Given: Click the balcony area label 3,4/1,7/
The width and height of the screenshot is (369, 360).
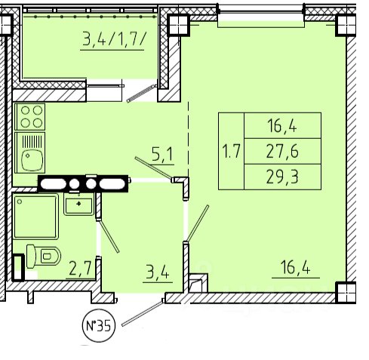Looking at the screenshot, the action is pos(114,39).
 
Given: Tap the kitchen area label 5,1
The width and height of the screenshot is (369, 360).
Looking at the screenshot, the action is pos(162,154).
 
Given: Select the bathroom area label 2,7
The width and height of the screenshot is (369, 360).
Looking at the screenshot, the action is pos(80,268).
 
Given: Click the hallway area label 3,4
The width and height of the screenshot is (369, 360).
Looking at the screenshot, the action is pos(158,272).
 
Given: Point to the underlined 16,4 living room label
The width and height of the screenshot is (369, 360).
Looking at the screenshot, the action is pos(295,267).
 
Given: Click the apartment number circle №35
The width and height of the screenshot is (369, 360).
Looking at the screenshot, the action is pos(99,325).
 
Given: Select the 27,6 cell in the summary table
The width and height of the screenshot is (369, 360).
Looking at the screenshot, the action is pos(282,151).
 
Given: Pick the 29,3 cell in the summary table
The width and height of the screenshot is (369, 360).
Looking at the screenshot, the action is pos(282,177).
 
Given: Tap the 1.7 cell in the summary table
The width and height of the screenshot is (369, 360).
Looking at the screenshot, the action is pos(232,151).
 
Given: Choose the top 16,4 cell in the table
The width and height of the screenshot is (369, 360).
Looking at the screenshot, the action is pos(282,125).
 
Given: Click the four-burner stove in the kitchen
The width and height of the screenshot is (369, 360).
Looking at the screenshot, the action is pos(30,117).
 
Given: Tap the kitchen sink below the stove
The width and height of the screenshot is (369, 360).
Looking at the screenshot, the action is pos(30,152).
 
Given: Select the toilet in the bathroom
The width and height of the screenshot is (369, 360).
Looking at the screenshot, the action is pos(44,256).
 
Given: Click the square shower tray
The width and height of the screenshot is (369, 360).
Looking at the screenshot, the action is pos(35,216).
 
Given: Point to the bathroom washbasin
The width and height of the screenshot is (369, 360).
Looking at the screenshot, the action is pos(78,204).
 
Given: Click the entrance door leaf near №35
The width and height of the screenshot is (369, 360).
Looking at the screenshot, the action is pos(143,312).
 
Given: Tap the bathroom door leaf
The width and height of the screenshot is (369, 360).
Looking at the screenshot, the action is pos(109,235).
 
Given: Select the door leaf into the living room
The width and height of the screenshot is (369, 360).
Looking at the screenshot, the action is pos(198,223).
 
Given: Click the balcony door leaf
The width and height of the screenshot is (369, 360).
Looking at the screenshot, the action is pos(141,94).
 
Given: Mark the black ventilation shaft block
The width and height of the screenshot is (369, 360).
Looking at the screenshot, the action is pos(83,183).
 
